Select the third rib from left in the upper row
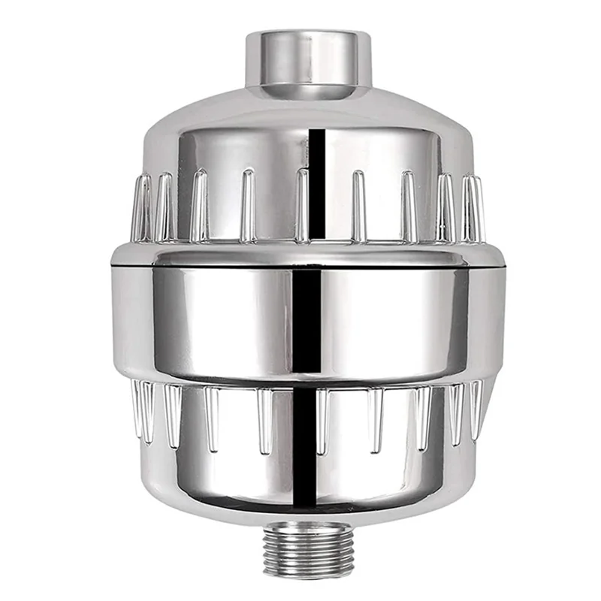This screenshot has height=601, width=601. coord(199,207)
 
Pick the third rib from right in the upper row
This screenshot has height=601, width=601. coord(409,207)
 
